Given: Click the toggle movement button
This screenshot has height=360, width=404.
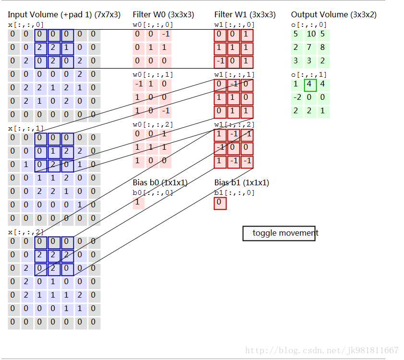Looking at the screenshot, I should coord(279,233).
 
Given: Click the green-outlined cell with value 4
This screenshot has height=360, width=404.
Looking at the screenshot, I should coord(310,85).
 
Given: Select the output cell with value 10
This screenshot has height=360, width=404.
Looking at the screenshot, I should coord(311,34).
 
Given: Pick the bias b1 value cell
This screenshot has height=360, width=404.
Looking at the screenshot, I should coord(220,203).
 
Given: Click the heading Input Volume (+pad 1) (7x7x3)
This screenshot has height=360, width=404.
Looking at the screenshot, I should coord(64,15).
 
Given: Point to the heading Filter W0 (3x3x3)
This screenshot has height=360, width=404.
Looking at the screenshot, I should coord(163,15).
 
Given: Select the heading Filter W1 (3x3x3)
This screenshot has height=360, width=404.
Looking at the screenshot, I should coord(245,15).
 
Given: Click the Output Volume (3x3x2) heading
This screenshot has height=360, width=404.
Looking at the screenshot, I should coord(333,15).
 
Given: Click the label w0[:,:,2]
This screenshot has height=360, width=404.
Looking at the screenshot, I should coord(153,125).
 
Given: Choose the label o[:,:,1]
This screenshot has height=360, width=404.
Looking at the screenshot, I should coord(309,75).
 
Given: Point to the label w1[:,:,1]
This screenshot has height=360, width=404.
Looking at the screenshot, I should coord(235,75).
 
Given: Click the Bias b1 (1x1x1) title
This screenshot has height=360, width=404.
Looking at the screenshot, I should coord(241,183).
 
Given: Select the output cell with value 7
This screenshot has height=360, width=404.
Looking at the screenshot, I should coord(310,47).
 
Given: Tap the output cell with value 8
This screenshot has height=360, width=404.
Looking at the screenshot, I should coord(322,47).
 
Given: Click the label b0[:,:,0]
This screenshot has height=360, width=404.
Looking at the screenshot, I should coord(153,193).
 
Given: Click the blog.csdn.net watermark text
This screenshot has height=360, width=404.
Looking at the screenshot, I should coord(321,350).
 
